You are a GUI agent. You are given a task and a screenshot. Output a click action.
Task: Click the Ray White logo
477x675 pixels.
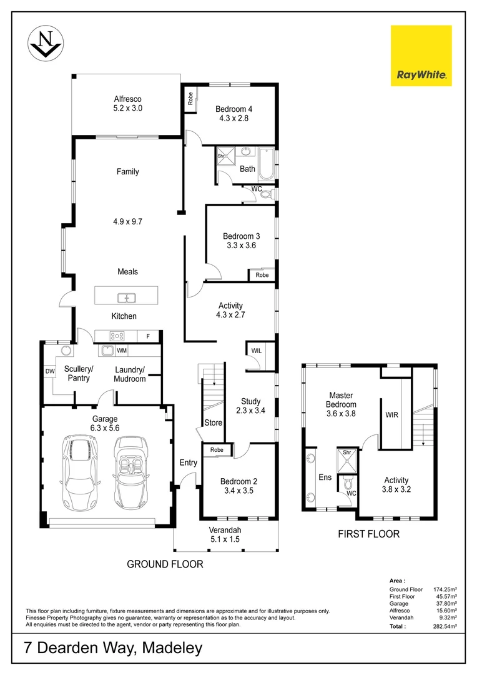421,56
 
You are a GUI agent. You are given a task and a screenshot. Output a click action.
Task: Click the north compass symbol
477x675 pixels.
46,44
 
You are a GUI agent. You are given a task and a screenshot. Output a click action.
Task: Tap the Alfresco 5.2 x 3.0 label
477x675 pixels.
127,104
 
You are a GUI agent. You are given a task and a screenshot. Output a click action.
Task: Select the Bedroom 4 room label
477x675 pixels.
234,113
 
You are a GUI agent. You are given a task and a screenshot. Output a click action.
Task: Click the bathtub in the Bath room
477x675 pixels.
266,164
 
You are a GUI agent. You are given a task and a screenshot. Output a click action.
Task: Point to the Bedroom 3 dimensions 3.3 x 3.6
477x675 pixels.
241,246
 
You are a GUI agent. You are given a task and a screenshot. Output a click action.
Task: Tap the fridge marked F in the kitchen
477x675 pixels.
148,335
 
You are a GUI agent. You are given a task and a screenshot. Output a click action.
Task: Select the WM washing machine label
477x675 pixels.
121,351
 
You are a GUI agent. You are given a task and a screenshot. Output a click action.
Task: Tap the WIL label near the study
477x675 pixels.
256,351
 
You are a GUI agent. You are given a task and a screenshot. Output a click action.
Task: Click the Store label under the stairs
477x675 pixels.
214,423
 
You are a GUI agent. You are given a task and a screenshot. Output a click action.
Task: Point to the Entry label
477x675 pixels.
188,463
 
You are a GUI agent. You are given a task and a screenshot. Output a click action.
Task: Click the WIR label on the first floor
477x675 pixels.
392,414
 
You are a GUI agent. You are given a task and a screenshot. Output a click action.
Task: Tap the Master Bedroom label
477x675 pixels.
341,404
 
